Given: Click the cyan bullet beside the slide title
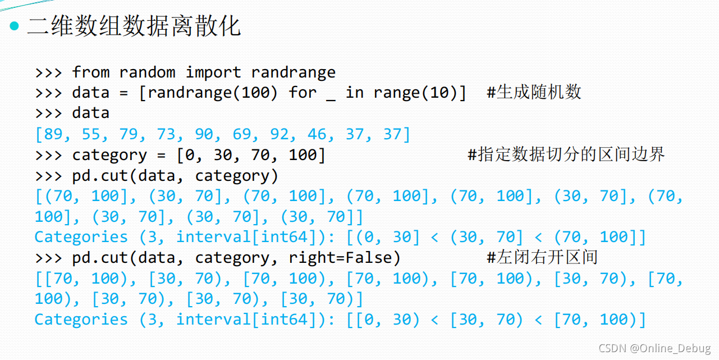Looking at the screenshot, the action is pyautogui.click(x=15, y=26).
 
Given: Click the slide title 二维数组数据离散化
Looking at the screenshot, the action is pyautogui.click(x=134, y=26).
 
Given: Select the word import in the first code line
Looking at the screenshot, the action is pyautogui.click(x=213, y=72).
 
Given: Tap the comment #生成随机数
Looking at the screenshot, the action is pyautogui.click(x=534, y=92).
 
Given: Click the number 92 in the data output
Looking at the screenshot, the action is pyautogui.click(x=280, y=134).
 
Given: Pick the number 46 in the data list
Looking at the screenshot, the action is pyautogui.click(x=317, y=134).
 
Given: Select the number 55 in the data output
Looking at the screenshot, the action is pyautogui.click(x=91, y=134).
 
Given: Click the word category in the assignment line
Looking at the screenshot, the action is pyautogui.click(x=109, y=155).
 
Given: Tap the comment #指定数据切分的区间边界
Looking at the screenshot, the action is pyautogui.click(x=566, y=154).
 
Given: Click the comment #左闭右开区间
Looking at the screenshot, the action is pyautogui.click(x=542, y=257).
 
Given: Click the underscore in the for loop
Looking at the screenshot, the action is pyautogui.click(x=331, y=93).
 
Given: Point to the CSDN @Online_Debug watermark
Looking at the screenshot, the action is pyautogui.click(x=654, y=348).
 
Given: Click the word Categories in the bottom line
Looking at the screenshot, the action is pyautogui.click(x=81, y=320).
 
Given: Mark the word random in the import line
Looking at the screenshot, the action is pyautogui.click(x=148, y=72).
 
